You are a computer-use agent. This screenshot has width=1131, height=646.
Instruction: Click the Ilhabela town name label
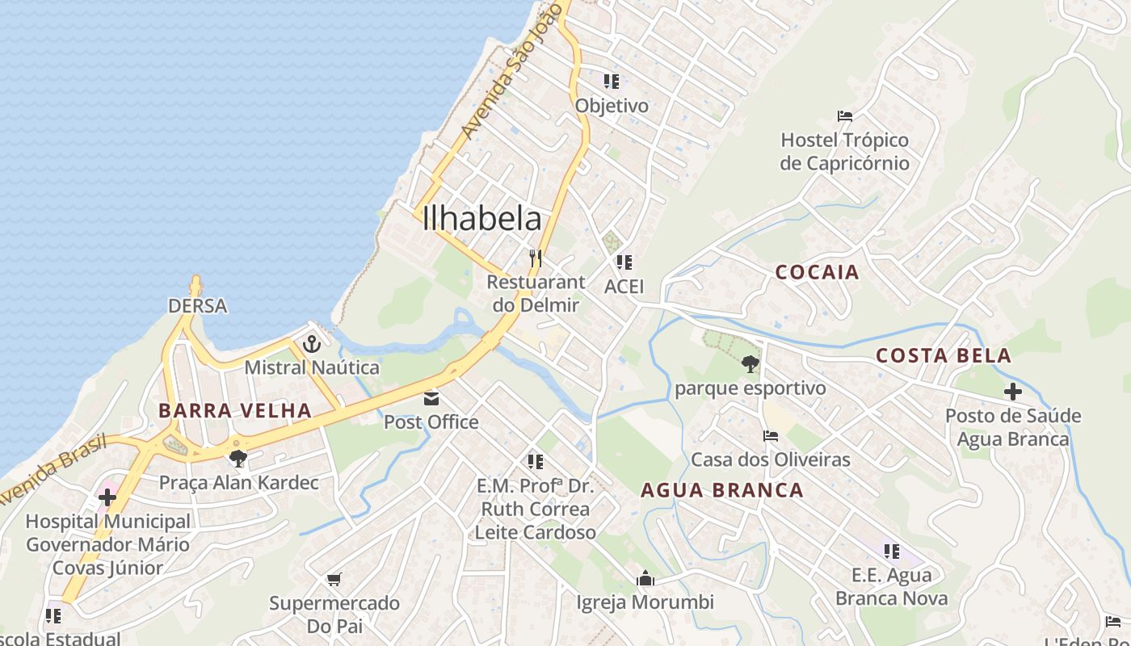(x=482, y=219)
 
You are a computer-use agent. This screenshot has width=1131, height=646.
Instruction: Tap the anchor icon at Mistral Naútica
(x=312, y=345)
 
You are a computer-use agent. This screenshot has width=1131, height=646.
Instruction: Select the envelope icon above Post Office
(x=431, y=398)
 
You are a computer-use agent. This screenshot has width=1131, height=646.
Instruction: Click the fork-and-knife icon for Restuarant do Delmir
(x=535, y=258)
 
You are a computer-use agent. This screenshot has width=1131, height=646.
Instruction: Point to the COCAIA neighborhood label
(x=817, y=272)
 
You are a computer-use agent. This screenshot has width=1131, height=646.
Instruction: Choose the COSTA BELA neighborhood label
(x=944, y=355)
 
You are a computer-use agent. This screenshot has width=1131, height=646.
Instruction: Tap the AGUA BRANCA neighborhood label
(x=722, y=490)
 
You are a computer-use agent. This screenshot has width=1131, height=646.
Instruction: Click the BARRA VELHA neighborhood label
(x=235, y=410)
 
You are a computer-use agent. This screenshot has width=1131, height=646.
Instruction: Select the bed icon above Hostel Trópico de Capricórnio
(x=845, y=116)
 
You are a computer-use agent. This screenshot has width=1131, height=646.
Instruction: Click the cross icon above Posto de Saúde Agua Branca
(x=1012, y=392)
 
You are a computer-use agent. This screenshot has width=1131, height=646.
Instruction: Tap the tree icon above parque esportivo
(x=750, y=364)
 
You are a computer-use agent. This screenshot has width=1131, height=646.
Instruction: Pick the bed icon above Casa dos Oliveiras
(x=771, y=436)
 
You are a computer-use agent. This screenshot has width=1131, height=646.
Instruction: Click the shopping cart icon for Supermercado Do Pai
(x=334, y=579)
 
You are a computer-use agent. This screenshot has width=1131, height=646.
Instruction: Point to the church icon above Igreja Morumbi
(x=645, y=578)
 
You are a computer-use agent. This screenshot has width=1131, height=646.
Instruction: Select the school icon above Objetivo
(x=612, y=82)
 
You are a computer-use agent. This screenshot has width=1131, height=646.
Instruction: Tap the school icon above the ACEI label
(x=624, y=262)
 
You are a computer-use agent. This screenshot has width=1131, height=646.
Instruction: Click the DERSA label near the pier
(x=197, y=306)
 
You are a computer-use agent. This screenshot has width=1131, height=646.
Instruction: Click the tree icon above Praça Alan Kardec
(x=238, y=459)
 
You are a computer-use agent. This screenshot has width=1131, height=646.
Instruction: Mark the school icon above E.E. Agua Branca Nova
(x=891, y=552)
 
